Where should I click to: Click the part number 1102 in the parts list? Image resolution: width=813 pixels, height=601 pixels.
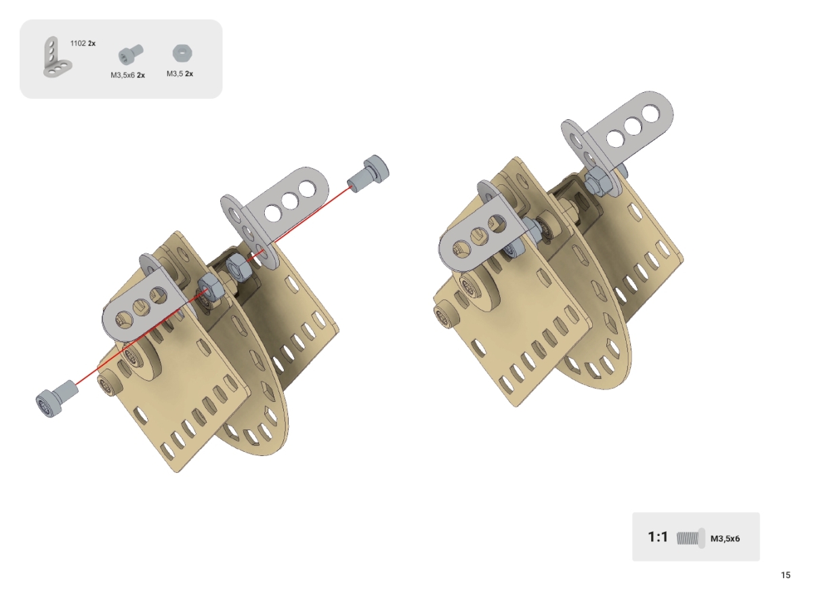click(78, 43)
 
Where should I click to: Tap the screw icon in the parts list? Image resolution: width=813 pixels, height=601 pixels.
click(131, 55)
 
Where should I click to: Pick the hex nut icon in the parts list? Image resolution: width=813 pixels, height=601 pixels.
click(182, 53)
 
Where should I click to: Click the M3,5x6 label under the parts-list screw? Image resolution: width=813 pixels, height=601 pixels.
click(123, 75)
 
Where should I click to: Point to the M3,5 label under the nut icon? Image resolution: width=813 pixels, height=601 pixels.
click(175, 74)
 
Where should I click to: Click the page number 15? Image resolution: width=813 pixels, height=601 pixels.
click(785, 575)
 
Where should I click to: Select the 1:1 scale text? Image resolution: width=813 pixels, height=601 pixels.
click(658, 537)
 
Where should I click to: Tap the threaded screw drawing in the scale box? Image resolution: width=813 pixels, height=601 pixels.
click(690, 538)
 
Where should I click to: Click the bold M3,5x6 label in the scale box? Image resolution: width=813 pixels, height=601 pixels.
click(725, 538)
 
